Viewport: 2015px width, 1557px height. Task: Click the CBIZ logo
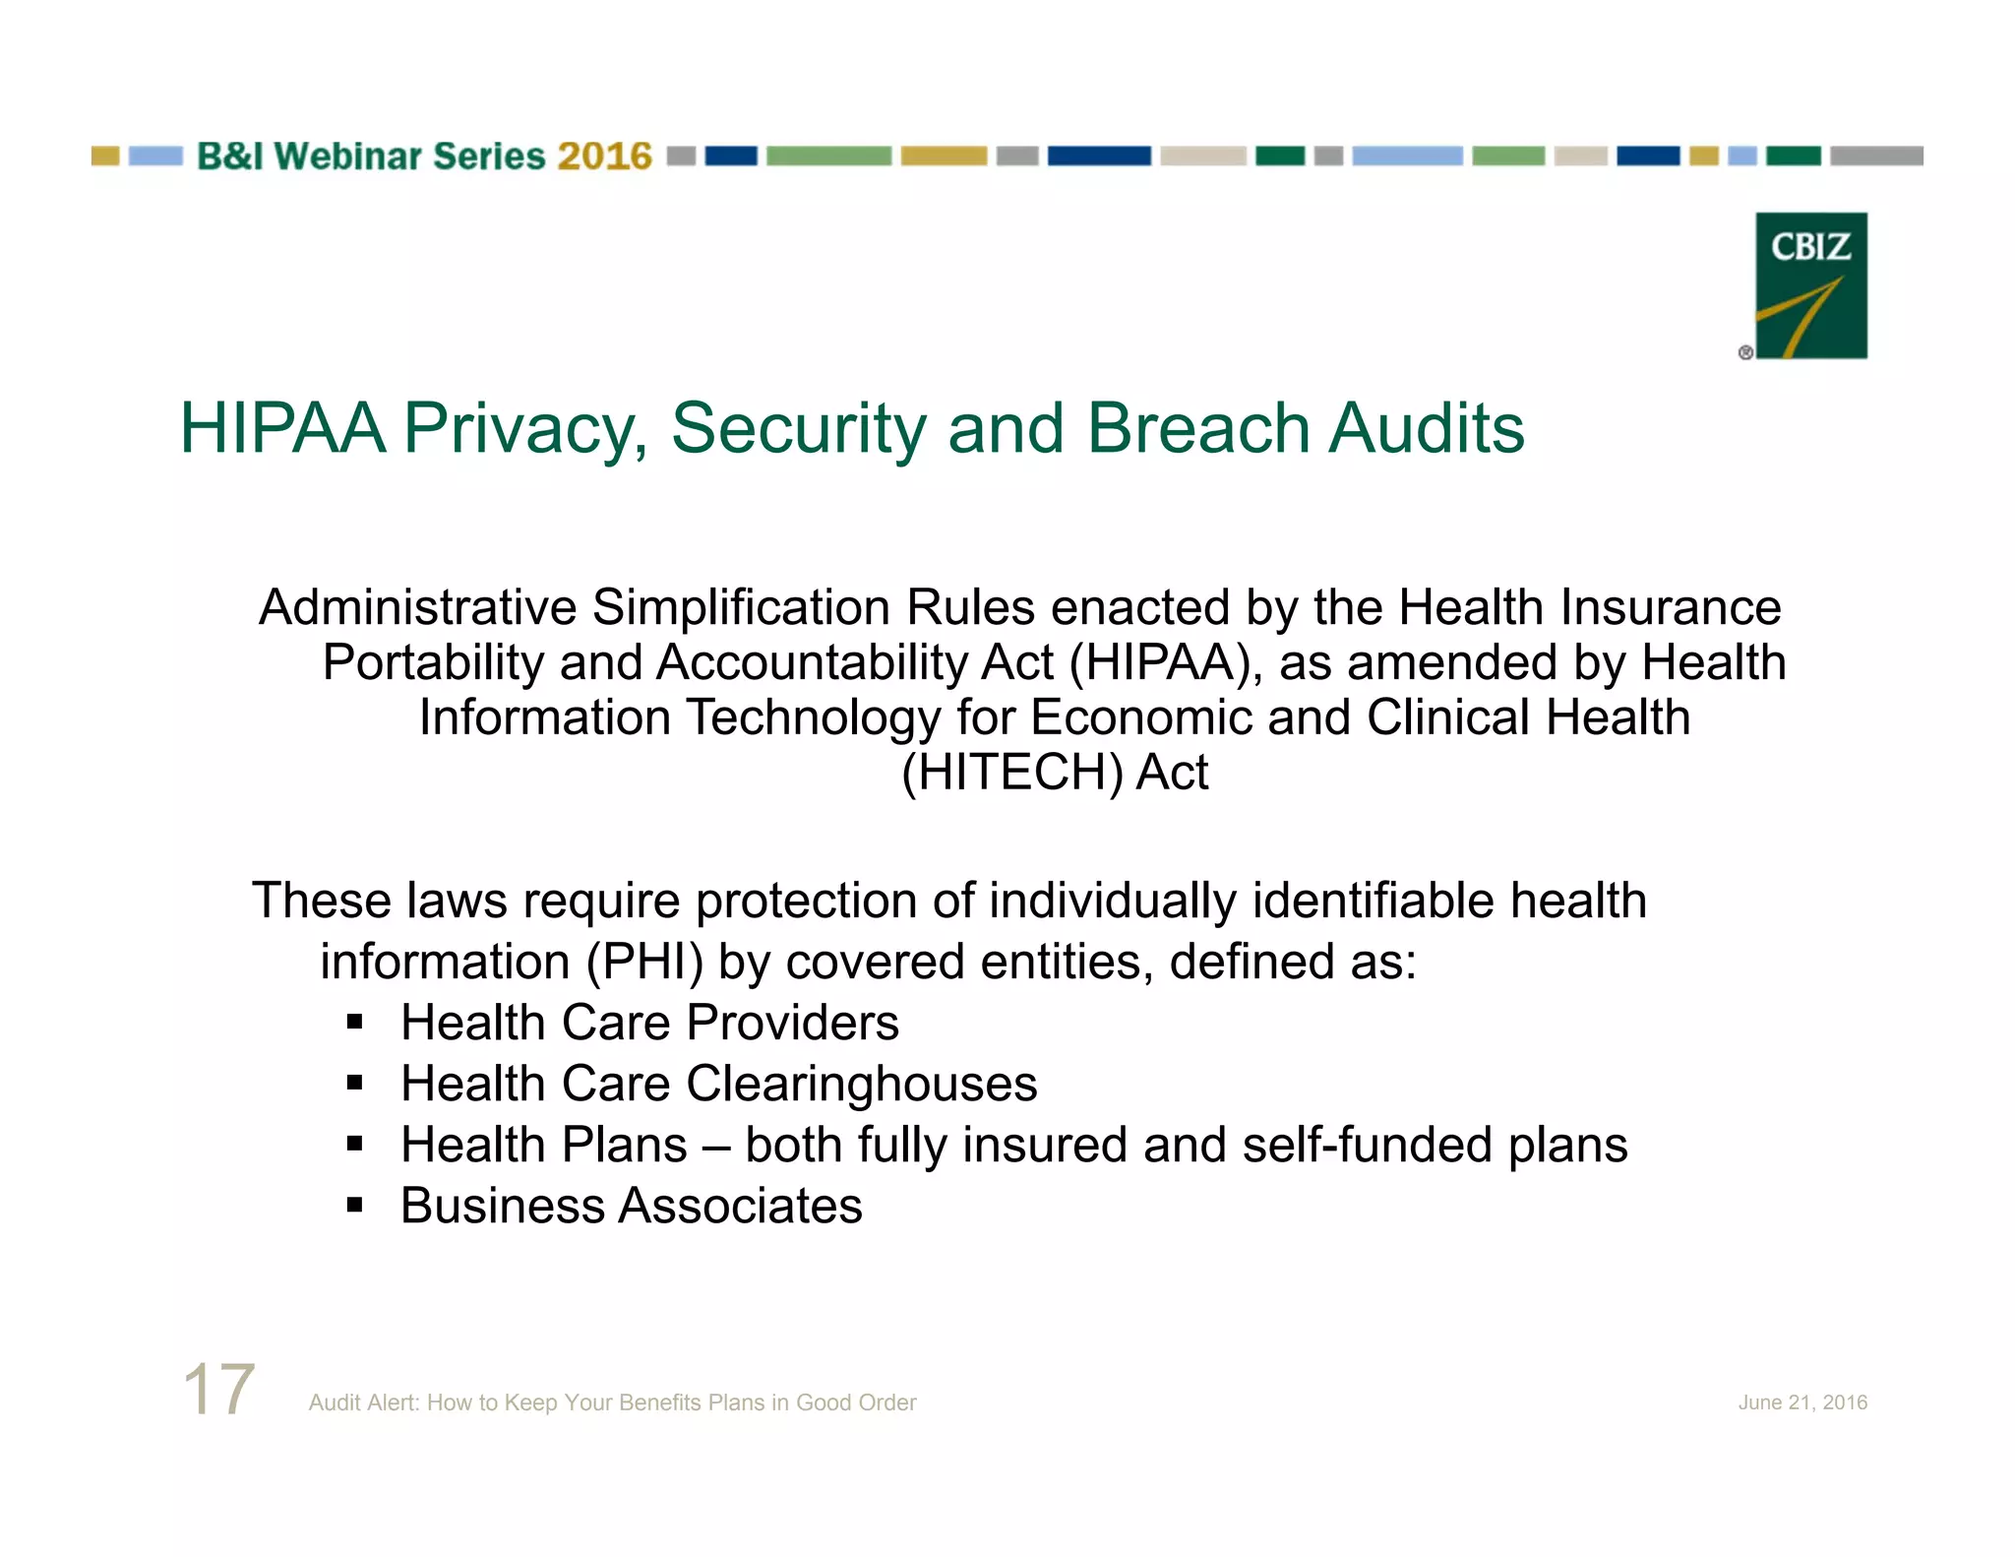[x=1810, y=285]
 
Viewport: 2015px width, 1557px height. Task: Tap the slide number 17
[x=218, y=1389]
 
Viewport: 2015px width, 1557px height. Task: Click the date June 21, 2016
[x=1801, y=1402]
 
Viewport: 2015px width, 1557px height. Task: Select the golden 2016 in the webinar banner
[x=604, y=156]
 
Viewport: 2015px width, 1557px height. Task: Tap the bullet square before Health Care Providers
[x=355, y=1024]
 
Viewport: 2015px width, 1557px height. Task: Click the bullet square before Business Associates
[x=355, y=1206]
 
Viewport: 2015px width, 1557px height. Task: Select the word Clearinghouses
[x=861, y=1085]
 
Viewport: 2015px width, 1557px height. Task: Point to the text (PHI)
[x=644, y=962]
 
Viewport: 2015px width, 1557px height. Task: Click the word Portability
[x=433, y=663]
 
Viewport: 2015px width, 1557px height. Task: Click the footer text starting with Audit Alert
[x=612, y=1402]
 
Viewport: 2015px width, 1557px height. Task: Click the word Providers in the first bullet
[x=792, y=1024]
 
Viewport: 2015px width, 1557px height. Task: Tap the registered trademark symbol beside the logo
[x=1745, y=352]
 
